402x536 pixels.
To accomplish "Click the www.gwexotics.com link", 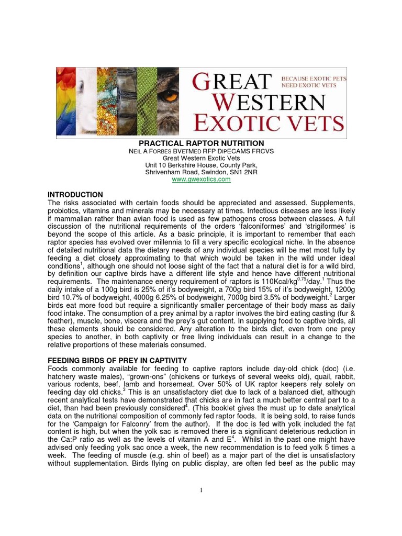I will (x=201, y=180).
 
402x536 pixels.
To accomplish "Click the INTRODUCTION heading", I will (x=75, y=195).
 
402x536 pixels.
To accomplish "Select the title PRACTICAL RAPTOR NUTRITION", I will (x=201, y=143).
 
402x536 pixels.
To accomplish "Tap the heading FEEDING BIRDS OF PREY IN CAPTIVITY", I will (x=117, y=361).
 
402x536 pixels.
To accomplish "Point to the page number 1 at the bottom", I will (x=201, y=489).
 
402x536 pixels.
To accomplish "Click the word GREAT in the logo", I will (x=232, y=83).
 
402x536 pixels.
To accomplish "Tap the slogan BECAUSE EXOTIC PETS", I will (x=314, y=77).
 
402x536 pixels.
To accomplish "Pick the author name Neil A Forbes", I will (x=155, y=151).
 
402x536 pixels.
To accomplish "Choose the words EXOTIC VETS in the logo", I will (x=269, y=124).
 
